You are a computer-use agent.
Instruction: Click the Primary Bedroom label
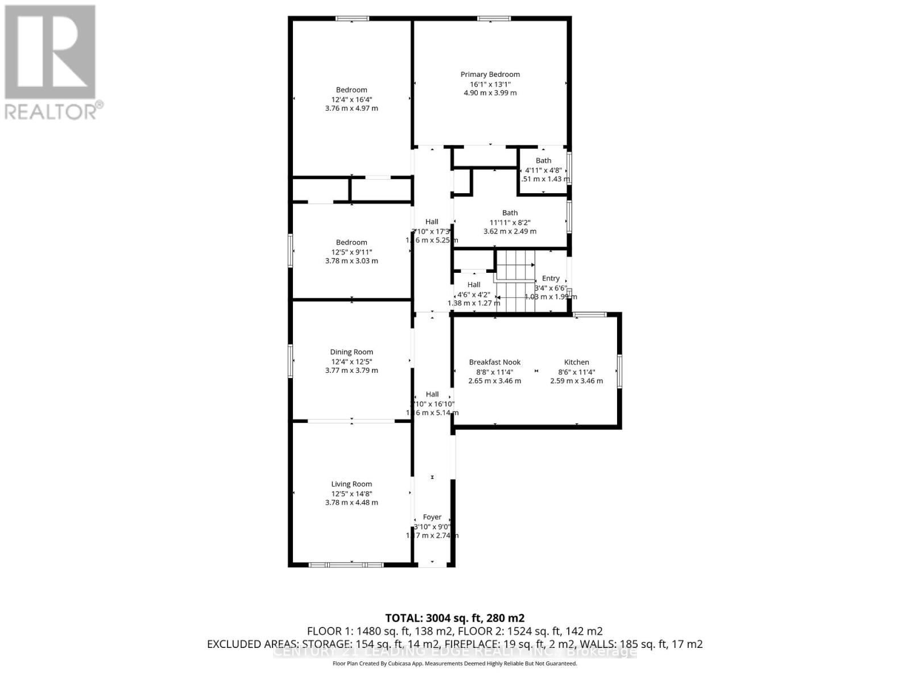(490, 74)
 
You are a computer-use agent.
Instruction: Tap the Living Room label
(351, 484)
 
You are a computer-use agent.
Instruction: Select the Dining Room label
(351, 352)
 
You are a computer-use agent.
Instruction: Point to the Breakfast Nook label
(494, 362)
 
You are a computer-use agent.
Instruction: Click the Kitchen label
(576, 362)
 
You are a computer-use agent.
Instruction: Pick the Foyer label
(432, 517)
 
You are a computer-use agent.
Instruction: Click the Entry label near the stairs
(551, 278)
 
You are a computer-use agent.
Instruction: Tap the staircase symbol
(516, 281)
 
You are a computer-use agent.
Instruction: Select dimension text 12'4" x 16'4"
(351, 99)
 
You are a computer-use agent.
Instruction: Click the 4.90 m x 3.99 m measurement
(490, 93)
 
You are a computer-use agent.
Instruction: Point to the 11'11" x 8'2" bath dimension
(510, 222)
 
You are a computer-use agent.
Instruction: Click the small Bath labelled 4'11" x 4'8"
(543, 161)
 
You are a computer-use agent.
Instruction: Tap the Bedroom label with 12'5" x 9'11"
(351, 243)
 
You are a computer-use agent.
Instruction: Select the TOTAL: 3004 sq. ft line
(454, 618)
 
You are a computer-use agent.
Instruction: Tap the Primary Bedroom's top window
(493, 19)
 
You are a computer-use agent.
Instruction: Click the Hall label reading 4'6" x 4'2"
(474, 285)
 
